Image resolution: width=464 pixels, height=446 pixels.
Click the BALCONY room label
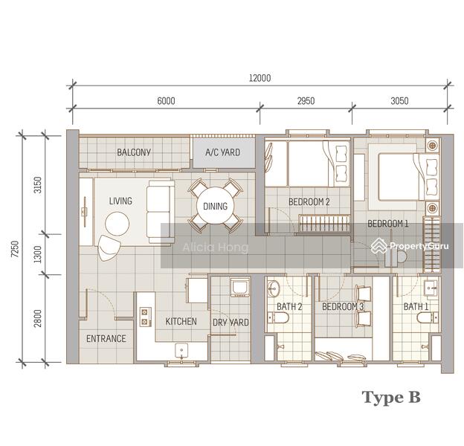click(x=134, y=152)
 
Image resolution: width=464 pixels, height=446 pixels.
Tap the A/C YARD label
click(x=222, y=152)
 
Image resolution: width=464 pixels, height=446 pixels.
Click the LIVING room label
click(x=120, y=201)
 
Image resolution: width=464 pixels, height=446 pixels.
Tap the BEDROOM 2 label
click(x=308, y=201)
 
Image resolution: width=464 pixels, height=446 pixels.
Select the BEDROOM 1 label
click(x=387, y=224)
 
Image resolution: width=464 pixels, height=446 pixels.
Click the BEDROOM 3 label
click(x=343, y=306)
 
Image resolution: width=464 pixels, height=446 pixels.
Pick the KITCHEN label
click(x=181, y=321)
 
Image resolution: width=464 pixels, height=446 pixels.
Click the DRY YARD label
click(x=231, y=322)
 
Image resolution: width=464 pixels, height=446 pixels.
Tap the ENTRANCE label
click(x=106, y=338)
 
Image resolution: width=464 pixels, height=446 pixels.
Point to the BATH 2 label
click(x=289, y=306)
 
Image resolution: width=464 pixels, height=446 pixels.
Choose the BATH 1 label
click(x=416, y=306)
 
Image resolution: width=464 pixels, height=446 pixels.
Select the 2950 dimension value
click(x=306, y=101)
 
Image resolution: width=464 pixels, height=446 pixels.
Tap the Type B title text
click(x=391, y=397)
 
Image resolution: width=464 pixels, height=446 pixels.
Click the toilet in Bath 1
click(x=425, y=319)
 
